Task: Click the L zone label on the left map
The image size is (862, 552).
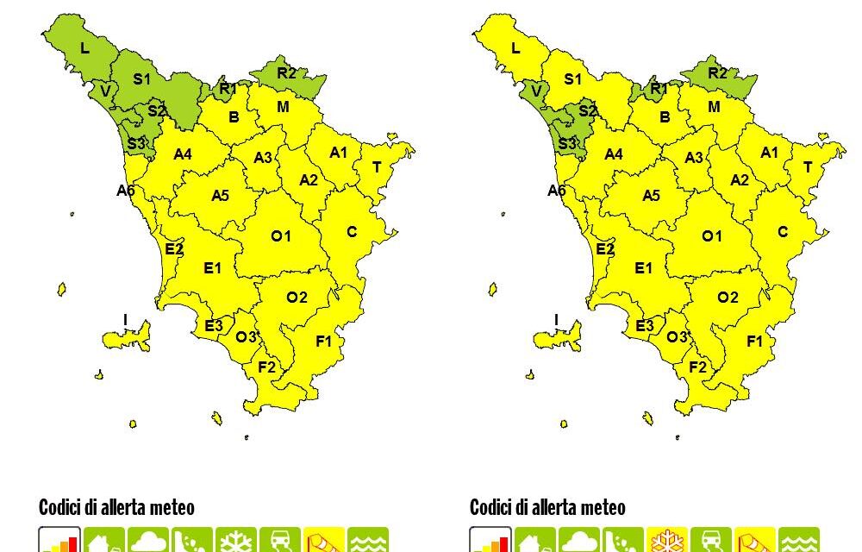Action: pyautogui.click(x=84, y=48)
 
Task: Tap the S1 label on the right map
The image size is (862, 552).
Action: pyautogui.click(x=572, y=79)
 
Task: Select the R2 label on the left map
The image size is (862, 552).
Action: pyautogui.click(x=287, y=73)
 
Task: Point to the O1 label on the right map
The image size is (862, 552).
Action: pyautogui.click(x=712, y=235)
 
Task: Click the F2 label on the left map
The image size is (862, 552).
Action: pyautogui.click(x=267, y=367)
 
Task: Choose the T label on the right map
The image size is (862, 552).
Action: pyautogui.click(x=808, y=167)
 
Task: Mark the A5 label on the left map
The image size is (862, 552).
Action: pyautogui.click(x=220, y=196)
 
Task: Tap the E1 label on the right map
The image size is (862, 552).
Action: pyautogui.click(x=643, y=268)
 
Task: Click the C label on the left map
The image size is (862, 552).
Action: pyautogui.click(x=352, y=232)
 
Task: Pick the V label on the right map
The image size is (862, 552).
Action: pyautogui.click(x=536, y=91)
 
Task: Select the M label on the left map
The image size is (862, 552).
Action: pyautogui.click(x=283, y=107)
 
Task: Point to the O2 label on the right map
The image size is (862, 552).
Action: pyautogui.click(x=728, y=298)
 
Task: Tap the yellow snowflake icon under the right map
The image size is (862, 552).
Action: pyautogui.click(x=666, y=541)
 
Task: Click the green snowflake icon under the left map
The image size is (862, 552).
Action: pyautogui.click(x=235, y=541)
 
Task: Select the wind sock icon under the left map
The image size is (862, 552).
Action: pyautogui.click(x=323, y=541)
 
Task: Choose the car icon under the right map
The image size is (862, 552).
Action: pyautogui.click(x=710, y=541)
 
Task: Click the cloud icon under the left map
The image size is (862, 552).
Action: pyautogui.click(x=147, y=541)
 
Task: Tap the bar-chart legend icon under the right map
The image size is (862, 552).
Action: pyautogui.click(x=490, y=541)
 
